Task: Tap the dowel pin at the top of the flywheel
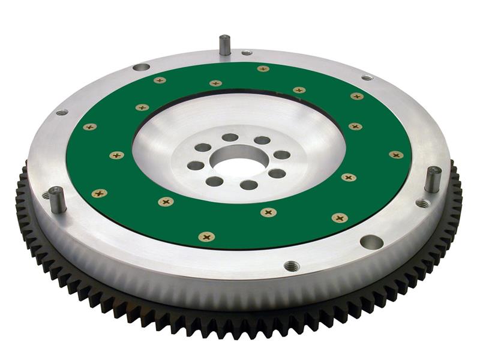click(x=225, y=45)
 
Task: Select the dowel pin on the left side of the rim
click(x=56, y=199)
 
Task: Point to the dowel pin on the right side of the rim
click(x=433, y=179)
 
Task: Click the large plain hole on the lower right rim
click(x=371, y=242)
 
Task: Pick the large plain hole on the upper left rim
click(x=141, y=67)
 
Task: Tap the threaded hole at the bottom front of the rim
click(x=292, y=266)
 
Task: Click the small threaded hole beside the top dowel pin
click(x=247, y=53)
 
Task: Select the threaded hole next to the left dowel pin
click(x=46, y=196)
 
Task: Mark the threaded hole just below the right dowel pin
click(x=423, y=203)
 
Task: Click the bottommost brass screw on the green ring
click(x=207, y=236)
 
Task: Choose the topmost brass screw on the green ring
click(x=263, y=68)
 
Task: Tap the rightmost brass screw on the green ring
click(x=396, y=155)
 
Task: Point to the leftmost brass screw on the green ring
click(x=90, y=127)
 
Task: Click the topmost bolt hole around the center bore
click(x=230, y=137)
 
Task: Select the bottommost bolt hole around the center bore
click(x=248, y=185)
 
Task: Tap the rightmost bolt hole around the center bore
click(x=282, y=155)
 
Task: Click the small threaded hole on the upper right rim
click(x=367, y=77)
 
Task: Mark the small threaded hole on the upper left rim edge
click(x=62, y=112)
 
